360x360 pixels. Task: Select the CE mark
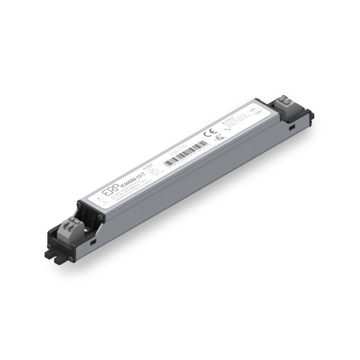[209, 135]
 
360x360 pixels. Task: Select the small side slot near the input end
[94, 241]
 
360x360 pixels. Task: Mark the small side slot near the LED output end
[292, 126]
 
